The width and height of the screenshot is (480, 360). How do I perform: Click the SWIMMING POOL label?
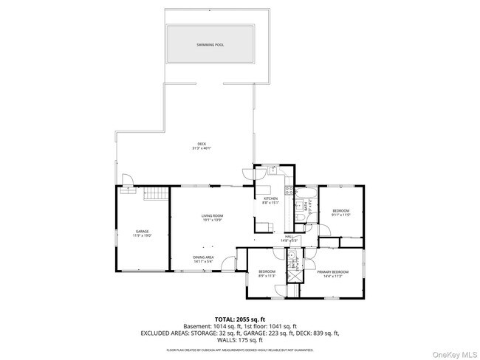210,45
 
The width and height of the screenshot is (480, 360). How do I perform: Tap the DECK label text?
201,143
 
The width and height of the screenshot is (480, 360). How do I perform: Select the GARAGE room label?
142,231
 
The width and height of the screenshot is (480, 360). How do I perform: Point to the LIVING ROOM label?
212,215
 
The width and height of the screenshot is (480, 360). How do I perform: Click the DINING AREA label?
203,257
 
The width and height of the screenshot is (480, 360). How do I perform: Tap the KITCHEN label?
271,198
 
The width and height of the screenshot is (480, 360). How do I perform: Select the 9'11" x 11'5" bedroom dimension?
340,215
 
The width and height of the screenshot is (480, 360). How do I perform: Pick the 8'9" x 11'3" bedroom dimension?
267,276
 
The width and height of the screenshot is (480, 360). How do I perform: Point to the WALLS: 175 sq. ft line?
239,341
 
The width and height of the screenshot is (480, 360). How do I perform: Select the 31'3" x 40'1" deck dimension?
201,148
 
